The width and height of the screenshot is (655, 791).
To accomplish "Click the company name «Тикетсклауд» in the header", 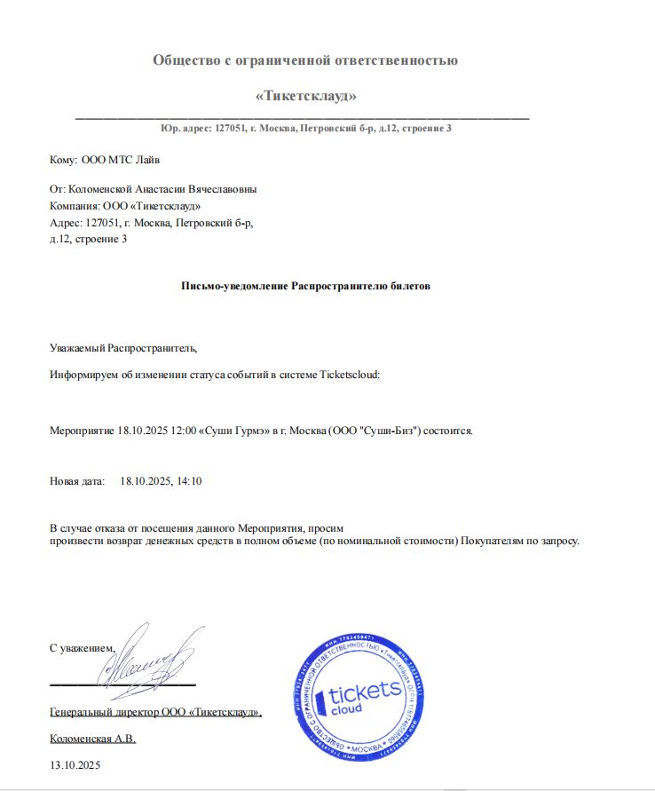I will tap(305, 95).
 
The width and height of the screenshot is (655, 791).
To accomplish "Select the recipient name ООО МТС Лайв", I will tap(122, 160).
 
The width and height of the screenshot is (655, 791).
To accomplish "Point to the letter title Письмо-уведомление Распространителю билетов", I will tap(305, 288).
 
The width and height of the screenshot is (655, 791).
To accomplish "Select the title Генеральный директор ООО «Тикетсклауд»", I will tap(155, 712).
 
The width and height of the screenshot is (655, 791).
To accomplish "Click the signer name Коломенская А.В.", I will tap(92, 739).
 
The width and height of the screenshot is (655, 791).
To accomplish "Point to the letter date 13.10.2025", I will tap(76, 764).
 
